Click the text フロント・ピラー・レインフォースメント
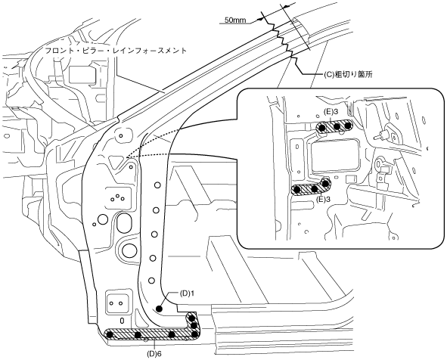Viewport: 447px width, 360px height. pos(116,51)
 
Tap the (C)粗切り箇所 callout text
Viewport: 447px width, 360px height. pos(348,75)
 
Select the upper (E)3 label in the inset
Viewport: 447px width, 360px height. pos(331,112)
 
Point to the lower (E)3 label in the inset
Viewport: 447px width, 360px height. pos(323,200)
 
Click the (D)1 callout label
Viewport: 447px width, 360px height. pos(187,293)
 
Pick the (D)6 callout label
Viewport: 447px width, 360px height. pos(154,354)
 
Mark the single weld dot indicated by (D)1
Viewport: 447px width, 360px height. pos(159,308)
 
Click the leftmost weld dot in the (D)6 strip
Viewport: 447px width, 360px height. pos(109,334)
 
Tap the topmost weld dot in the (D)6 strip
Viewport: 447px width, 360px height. pos(191,318)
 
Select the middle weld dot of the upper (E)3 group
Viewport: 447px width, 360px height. pos(337,126)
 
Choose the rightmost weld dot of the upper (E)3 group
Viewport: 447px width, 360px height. pos(347,126)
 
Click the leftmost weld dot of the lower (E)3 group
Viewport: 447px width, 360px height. pos(297,189)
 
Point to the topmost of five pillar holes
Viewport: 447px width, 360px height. pos(157,185)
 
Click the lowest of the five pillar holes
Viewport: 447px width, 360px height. pos(152,281)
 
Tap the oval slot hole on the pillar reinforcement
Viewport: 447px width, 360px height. pos(124,222)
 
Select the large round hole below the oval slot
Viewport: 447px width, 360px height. pos(129,249)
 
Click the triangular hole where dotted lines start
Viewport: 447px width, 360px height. pos(116,162)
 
